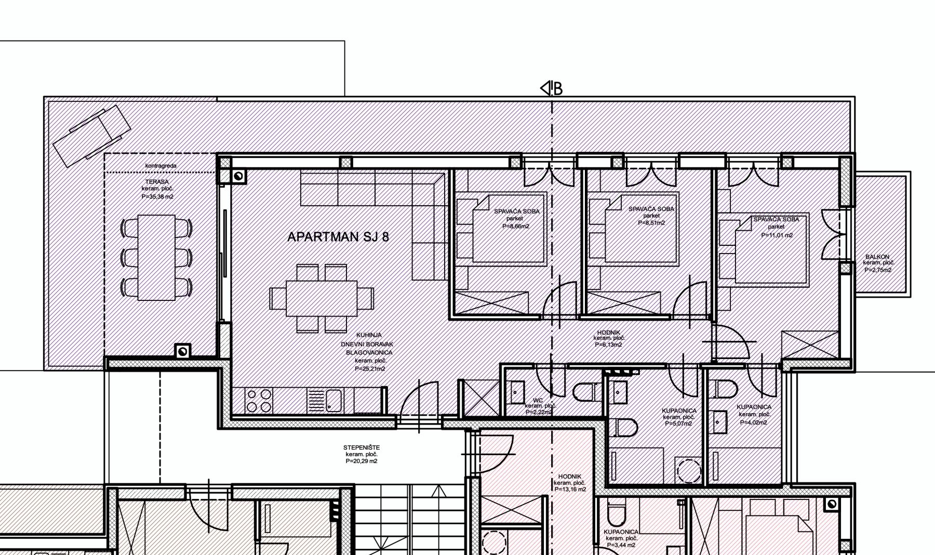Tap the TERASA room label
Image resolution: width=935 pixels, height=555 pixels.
click(157, 182)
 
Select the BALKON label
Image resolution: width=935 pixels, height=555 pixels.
click(877, 257)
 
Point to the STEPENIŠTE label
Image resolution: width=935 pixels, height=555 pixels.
click(362, 447)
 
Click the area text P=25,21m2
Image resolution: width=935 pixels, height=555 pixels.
click(370, 369)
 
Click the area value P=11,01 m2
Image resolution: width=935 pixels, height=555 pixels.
click(777, 235)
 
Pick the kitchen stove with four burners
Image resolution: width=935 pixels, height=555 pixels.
click(259, 400)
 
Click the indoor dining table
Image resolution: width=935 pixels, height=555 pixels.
click(322, 298)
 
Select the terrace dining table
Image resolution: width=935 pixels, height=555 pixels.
click(156, 258)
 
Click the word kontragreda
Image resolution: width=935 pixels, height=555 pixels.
click(161, 166)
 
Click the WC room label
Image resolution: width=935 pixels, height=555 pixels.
click(538, 400)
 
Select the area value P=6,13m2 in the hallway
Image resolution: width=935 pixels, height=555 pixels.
click(608, 345)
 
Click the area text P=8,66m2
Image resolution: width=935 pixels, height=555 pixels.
click(516, 226)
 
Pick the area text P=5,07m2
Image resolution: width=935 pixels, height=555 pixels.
click(678, 424)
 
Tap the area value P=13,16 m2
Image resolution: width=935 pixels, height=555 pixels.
click(570, 490)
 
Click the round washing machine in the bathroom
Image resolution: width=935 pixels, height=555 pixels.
click(689, 471)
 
